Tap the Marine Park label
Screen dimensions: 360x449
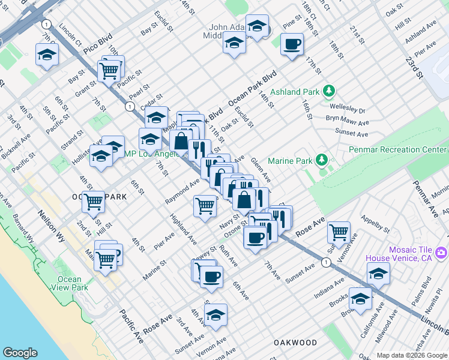click(x=291, y=161)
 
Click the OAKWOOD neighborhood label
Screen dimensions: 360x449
click(x=295, y=343)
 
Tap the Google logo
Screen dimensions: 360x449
click(x=20, y=353)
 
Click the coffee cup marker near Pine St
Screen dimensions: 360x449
click(x=292, y=44)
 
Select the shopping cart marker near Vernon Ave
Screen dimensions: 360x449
click(x=339, y=230)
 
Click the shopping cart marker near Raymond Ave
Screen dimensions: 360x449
click(x=205, y=206)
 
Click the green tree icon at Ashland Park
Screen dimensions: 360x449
click(x=328, y=92)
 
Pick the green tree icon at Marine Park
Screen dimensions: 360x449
click(x=322, y=160)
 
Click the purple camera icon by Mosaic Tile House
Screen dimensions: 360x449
click(x=442, y=253)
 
